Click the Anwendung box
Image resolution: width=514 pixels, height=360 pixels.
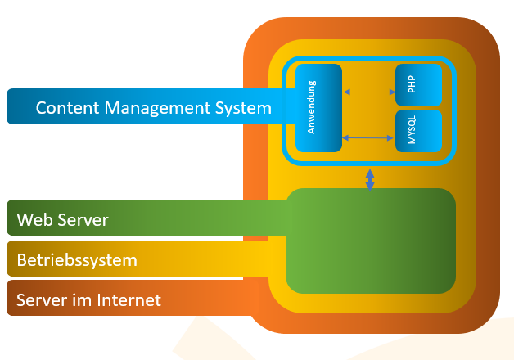[x=318, y=107]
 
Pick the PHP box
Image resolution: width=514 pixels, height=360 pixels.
[x=418, y=84]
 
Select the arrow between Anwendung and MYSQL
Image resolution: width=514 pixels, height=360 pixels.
[x=368, y=137]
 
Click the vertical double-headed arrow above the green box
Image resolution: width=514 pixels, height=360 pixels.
[x=370, y=179]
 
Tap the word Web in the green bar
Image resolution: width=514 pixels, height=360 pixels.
[x=34, y=220]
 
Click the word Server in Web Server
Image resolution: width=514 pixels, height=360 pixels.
[x=83, y=220]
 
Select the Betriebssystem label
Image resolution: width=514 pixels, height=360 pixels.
[x=77, y=261]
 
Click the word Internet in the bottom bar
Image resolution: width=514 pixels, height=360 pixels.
[x=129, y=300]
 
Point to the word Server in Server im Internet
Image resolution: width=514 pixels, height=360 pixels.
[x=42, y=300]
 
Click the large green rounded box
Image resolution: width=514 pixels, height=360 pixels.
[x=370, y=241]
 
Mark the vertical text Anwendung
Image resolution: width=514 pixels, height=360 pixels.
[x=312, y=107]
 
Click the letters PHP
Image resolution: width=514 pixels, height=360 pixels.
[x=411, y=84]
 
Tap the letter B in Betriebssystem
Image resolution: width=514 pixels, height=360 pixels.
[x=21, y=261]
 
